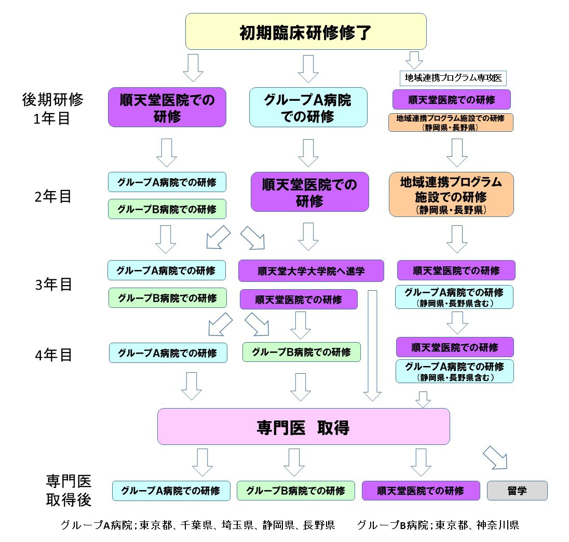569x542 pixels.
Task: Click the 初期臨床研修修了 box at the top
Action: coord(306,32)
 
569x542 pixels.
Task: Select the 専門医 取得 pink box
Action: coord(303,426)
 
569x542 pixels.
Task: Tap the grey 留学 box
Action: coord(517,491)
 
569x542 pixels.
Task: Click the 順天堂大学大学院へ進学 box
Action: coord(311,271)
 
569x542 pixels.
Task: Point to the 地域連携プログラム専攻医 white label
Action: coord(453,78)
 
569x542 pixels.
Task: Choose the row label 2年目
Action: coord(51,197)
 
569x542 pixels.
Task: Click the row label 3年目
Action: coord(51,284)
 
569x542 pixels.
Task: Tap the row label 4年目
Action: coord(51,355)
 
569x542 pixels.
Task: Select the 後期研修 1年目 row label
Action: coord(52,109)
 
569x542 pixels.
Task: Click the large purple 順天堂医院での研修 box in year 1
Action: coord(167,107)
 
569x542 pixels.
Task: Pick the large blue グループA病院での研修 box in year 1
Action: coord(308,107)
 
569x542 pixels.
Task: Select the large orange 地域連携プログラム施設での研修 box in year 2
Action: coord(451,195)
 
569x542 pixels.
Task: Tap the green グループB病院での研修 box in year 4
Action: coord(301,352)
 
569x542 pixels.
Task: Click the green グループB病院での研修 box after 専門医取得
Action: coord(295,491)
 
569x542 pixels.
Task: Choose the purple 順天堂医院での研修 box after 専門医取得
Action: coord(421,491)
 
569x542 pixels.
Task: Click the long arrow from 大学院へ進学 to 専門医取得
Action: coord(372,345)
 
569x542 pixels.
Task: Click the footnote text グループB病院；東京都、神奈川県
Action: coord(438,525)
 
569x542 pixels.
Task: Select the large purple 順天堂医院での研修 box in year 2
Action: coord(309,192)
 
